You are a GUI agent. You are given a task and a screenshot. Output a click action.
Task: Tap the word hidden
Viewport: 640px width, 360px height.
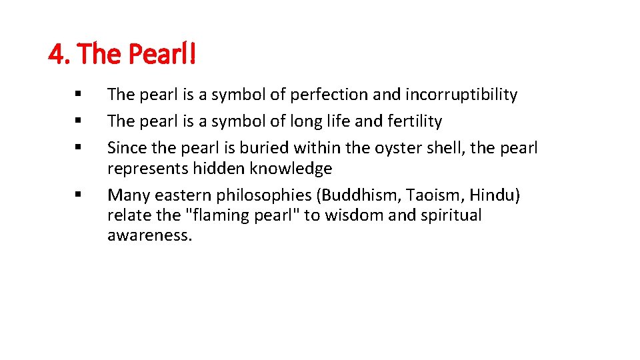[x=222, y=169]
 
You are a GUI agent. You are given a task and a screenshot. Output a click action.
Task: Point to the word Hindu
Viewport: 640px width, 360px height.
[x=495, y=195]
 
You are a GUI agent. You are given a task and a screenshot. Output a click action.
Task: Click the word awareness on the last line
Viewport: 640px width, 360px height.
[x=149, y=236]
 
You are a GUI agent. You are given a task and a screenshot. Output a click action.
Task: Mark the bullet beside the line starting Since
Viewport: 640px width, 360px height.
[x=79, y=148]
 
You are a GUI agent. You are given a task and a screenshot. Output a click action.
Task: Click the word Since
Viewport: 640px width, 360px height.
[x=125, y=148]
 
